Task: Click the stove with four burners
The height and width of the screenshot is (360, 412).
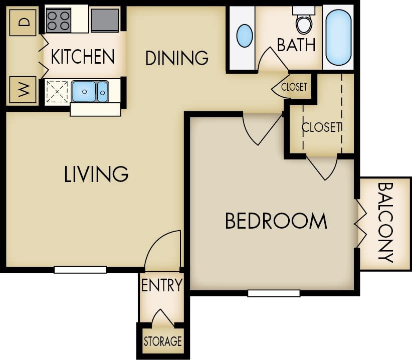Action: [x=59, y=21]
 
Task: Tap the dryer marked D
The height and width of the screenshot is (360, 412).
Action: [x=23, y=22]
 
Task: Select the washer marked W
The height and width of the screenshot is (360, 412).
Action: [x=23, y=90]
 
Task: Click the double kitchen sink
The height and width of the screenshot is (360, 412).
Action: [x=90, y=92]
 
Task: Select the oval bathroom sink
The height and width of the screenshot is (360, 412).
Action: [x=244, y=36]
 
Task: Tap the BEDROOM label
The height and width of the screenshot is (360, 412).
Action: [x=276, y=221]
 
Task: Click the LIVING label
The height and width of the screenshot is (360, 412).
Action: [x=96, y=174]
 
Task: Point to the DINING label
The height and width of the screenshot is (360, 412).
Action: [x=176, y=58]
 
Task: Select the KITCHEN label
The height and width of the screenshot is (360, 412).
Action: [x=83, y=57]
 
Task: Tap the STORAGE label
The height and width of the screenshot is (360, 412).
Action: [x=162, y=341]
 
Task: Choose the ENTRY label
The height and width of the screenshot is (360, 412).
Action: [x=161, y=286]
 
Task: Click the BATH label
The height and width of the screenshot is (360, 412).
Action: [x=296, y=45]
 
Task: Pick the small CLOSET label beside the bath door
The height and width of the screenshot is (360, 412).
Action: [x=294, y=87]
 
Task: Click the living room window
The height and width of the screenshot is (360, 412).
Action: [x=80, y=269]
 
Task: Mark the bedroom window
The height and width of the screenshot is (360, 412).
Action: [x=274, y=293]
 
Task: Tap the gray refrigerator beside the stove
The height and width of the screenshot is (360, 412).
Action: [x=105, y=20]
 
